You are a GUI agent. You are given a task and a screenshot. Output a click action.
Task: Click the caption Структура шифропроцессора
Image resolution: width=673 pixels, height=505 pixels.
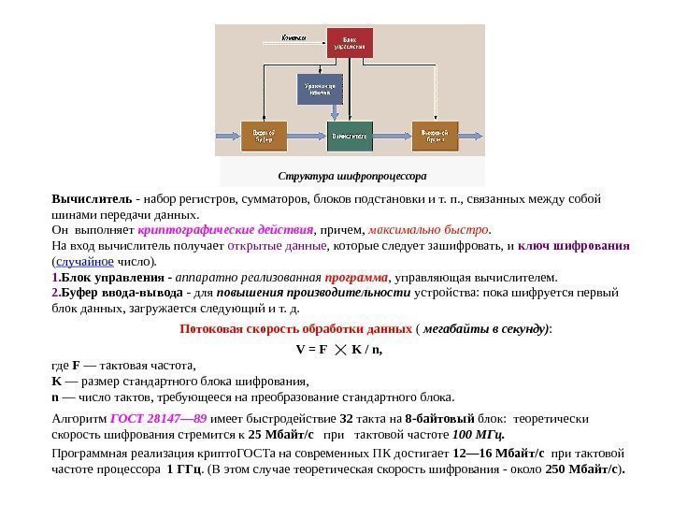(x=352, y=175)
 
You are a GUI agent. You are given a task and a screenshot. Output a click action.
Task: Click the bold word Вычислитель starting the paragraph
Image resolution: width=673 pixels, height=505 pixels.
(x=92, y=199)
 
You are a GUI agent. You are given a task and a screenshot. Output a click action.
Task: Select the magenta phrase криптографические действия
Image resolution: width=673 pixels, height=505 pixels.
(x=225, y=229)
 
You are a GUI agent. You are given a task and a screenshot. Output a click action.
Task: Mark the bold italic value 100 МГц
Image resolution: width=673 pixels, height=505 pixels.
(x=479, y=435)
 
